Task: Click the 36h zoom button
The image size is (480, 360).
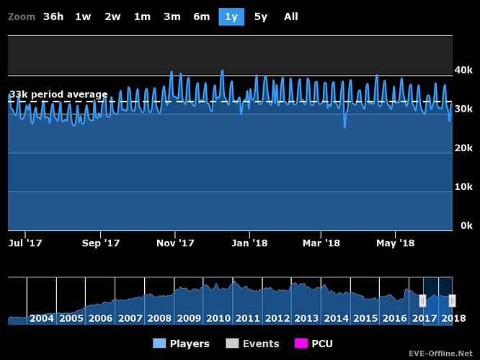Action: click(x=53, y=17)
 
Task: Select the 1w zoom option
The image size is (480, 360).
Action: click(x=83, y=17)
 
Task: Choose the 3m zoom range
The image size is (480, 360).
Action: click(x=172, y=17)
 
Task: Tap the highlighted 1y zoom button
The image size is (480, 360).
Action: click(x=231, y=17)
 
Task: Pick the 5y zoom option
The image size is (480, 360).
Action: click(x=261, y=17)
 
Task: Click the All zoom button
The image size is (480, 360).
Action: click(x=290, y=17)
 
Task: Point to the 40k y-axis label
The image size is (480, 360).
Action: click(x=463, y=70)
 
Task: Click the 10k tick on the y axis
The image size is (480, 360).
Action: click(x=463, y=186)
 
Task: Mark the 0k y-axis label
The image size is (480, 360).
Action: click(x=466, y=225)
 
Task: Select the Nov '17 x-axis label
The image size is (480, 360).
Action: click(x=176, y=243)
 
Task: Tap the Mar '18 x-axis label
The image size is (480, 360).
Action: click(x=321, y=243)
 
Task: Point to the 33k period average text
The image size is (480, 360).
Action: click(x=58, y=94)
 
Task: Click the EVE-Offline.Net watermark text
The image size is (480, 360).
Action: click(x=438, y=354)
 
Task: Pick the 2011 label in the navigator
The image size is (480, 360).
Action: click(x=248, y=318)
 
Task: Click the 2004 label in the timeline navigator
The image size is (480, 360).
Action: click(x=42, y=318)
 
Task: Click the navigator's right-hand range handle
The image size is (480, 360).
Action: click(x=452, y=301)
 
